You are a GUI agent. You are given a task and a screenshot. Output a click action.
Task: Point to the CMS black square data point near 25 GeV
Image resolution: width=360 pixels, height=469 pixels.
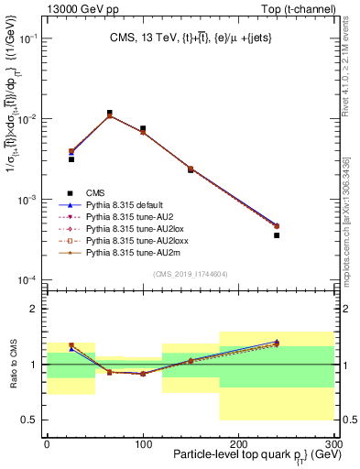pos(71,159)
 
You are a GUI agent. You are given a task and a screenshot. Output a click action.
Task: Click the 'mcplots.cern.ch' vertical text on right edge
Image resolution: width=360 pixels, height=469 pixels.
pos(352,229)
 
